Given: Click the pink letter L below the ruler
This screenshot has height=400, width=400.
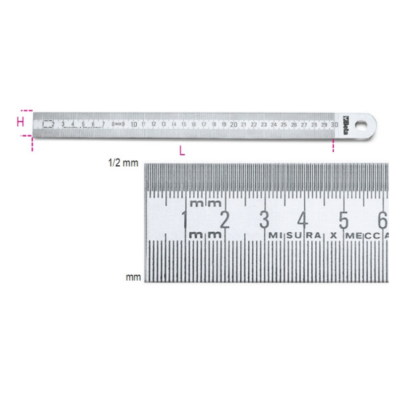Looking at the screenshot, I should tap(182, 150).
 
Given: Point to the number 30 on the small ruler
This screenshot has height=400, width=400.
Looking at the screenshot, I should tap(333, 124).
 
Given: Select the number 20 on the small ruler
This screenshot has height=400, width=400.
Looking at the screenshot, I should tap(233, 124).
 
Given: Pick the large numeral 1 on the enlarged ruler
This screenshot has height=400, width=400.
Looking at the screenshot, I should tap(185, 219).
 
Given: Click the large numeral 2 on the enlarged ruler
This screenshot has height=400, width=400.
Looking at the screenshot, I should tap(225, 219).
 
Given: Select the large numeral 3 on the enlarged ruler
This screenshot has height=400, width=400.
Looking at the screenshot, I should tap(265, 219).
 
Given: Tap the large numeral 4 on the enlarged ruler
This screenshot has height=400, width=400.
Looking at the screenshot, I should tap(303, 219).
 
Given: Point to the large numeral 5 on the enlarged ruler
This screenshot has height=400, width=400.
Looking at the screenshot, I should tap(343, 219).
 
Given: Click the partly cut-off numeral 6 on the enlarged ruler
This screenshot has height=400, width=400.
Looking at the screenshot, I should tap(382, 219).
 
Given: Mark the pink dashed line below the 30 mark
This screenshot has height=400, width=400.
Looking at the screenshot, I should tap(333, 145).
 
